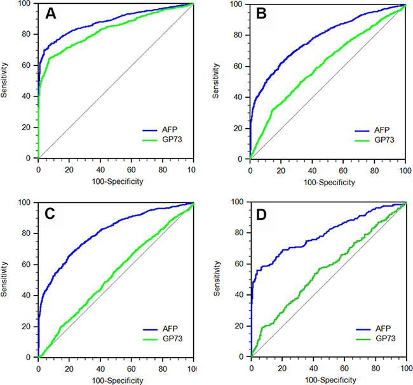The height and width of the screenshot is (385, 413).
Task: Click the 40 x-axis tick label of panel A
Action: point(100,165)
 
